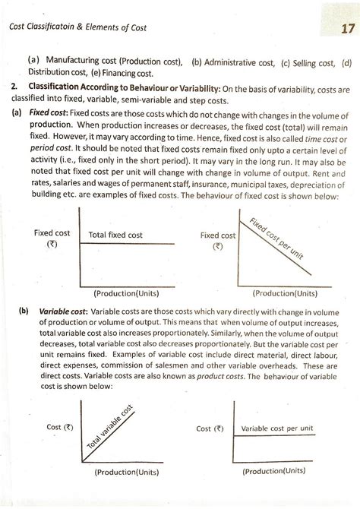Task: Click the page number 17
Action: [336, 28]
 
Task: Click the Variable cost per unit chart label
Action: [276, 429]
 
